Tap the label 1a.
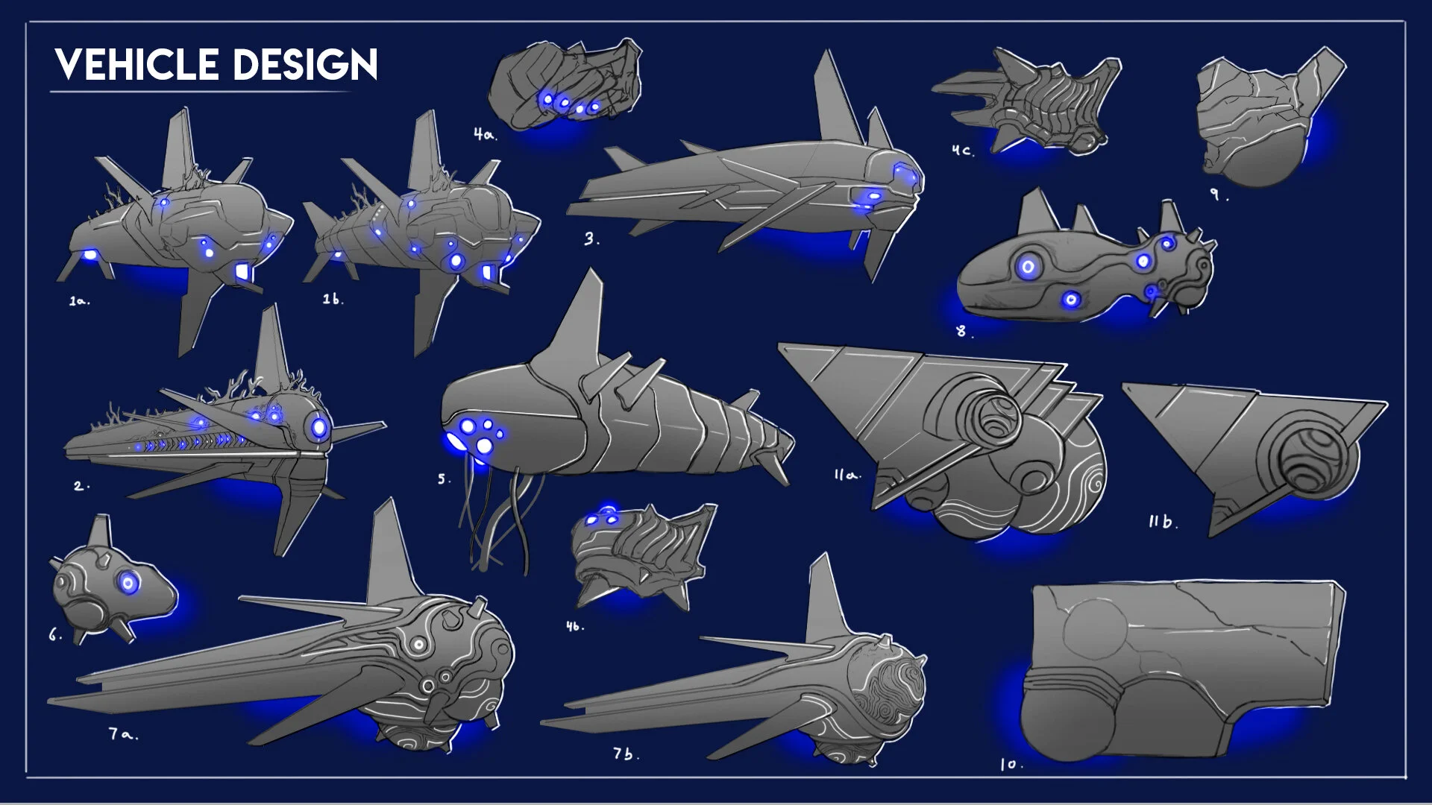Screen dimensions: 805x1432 click(x=79, y=301)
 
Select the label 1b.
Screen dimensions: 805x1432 click(x=333, y=299)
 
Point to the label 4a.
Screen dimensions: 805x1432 click(x=485, y=134)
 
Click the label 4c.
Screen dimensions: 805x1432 click(x=962, y=150)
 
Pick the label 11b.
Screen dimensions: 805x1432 click(x=1163, y=522)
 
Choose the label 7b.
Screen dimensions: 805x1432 click(x=626, y=754)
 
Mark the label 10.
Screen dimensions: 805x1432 click(x=1011, y=764)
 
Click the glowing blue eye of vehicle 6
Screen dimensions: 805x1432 click(x=128, y=583)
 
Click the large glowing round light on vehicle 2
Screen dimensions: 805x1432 click(x=319, y=427)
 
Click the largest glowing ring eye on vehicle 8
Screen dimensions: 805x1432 click(x=1029, y=266)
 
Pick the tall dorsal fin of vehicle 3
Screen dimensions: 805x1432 click(x=833, y=97)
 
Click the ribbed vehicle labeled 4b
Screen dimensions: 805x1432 click(x=641, y=552)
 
